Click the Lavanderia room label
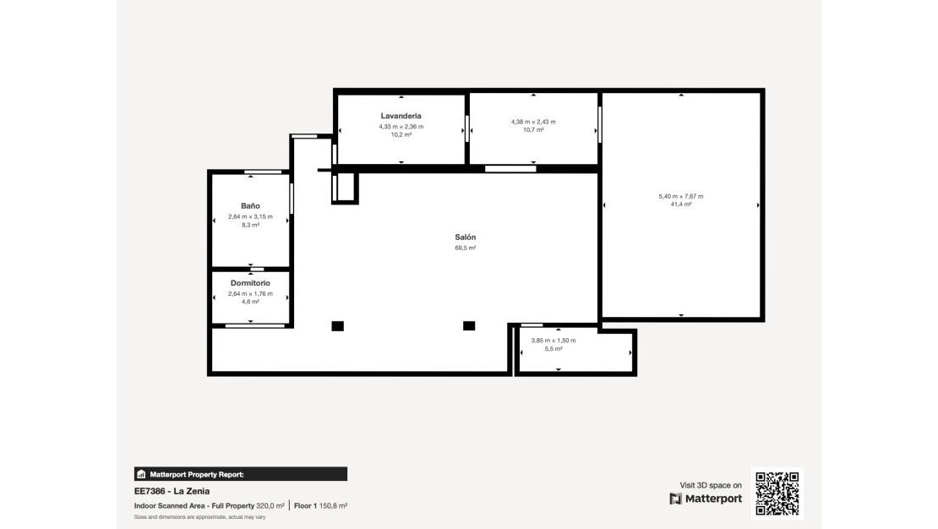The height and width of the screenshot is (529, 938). (401, 116)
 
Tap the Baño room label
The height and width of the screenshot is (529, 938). (250, 206)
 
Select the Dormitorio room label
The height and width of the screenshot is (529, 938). (250, 282)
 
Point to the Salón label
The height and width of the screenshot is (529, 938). (466, 237)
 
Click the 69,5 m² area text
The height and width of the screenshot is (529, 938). (466, 248)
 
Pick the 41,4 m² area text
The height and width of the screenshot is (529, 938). (681, 205)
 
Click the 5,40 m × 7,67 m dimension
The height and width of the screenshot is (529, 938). (681, 196)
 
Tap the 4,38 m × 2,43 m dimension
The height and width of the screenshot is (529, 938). (533, 122)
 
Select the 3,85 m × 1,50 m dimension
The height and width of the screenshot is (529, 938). (553, 341)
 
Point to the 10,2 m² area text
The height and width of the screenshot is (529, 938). (401, 134)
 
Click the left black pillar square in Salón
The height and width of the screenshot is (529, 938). (338, 326)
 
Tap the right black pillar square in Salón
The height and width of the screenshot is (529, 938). (469, 326)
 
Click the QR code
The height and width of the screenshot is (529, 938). (777, 494)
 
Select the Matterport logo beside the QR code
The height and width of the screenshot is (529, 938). (706, 499)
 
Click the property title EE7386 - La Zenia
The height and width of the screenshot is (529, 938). (172, 491)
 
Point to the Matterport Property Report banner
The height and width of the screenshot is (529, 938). (241, 474)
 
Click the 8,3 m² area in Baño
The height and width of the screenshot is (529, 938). (250, 226)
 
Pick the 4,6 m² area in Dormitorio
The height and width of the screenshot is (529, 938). (250, 302)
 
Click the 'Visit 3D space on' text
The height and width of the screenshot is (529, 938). (711, 485)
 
